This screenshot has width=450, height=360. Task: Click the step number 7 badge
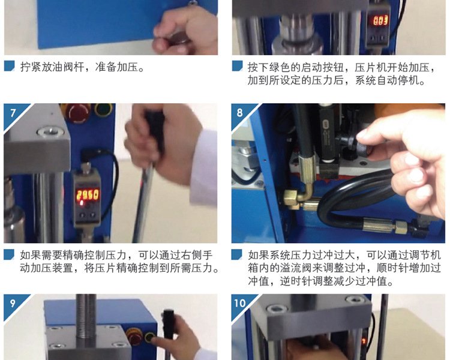click(x=13, y=113)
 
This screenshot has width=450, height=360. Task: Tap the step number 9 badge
click(x=13, y=304)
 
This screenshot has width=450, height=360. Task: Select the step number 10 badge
click(x=241, y=304)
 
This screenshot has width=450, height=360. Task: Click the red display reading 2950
click(x=87, y=195)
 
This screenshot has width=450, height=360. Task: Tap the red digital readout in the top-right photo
click(x=380, y=20)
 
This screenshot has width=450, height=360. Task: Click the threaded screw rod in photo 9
click(x=85, y=316)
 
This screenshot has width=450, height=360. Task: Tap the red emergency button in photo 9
click(x=134, y=337)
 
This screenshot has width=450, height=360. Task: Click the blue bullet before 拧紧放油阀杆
click(x=9, y=66)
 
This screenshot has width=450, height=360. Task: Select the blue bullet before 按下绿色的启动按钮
click(x=238, y=66)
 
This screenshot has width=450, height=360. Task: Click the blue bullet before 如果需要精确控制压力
click(x=9, y=254)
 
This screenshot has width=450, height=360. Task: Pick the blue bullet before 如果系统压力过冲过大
click(x=238, y=254)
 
